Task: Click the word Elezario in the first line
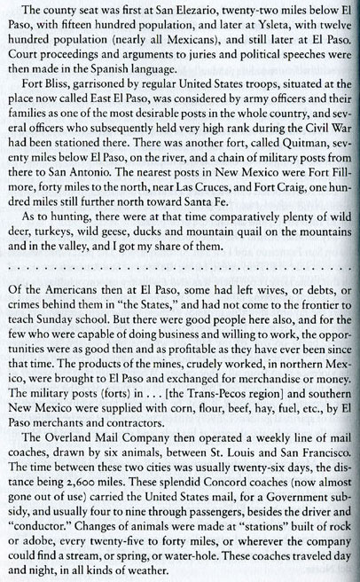[x=184, y=12]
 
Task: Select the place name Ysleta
[x=239, y=27]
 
